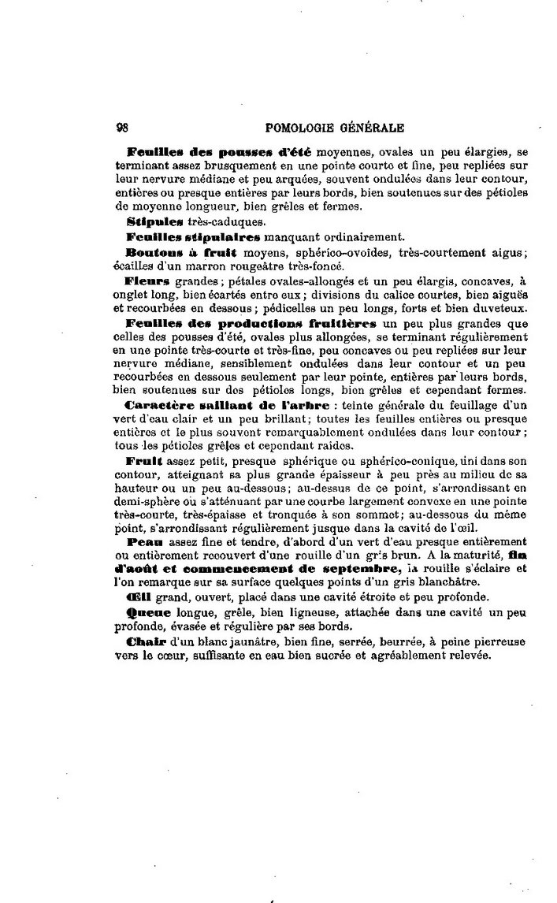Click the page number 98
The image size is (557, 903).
click(122, 126)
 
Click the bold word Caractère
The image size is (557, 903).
click(161, 406)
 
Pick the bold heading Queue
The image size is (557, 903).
click(146, 611)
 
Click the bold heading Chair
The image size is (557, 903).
click(143, 642)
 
